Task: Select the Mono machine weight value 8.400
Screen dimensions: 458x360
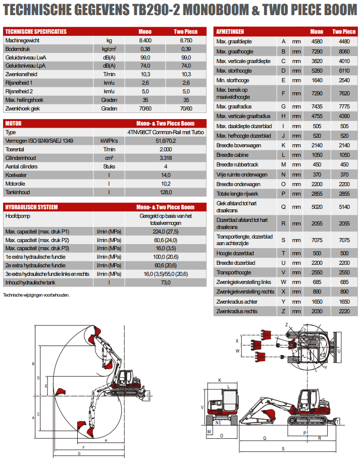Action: click(x=145, y=40)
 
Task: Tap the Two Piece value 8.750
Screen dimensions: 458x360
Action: click(x=186, y=40)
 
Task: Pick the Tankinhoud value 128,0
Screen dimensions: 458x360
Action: click(x=166, y=192)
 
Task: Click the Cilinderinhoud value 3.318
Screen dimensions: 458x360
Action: click(x=166, y=158)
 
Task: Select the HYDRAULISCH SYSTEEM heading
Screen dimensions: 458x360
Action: click(x=31, y=207)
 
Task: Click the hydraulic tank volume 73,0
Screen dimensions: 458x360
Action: click(x=166, y=282)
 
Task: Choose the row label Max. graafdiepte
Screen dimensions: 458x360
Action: click(x=234, y=41)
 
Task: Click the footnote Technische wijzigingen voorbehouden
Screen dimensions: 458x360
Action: click(x=36, y=295)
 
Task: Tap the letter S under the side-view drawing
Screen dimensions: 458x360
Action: click(x=283, y=448)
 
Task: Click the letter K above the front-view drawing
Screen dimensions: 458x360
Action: click(x=220, y=380)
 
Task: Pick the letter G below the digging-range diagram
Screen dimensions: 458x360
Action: click(x=79, y=453)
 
